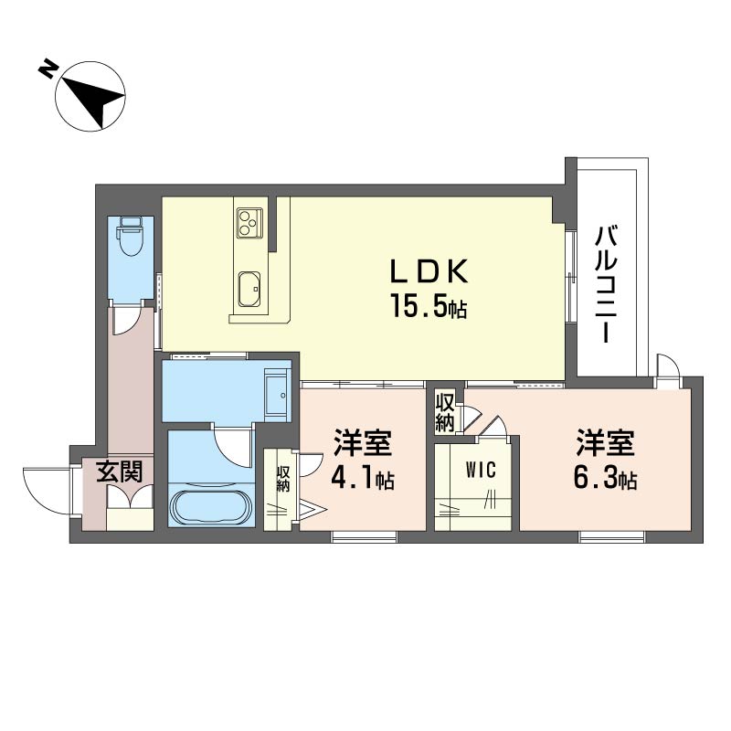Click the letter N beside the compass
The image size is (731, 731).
(x=48, y=69)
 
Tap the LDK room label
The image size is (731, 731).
(x=429, y=271)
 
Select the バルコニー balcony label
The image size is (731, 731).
(x=606, y=284)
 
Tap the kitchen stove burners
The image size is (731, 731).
(x=249, y=222)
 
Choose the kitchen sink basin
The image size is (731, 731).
(x=249, y=289)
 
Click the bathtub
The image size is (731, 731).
(x=211, y=508)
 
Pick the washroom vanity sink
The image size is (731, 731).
(x=278, y=395)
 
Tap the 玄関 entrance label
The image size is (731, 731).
(x=120, y=472)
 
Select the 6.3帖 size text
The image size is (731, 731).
(x=605, y=478)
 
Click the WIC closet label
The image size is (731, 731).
(x=481, y=470)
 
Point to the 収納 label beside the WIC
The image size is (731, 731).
(x=445, y=412)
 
